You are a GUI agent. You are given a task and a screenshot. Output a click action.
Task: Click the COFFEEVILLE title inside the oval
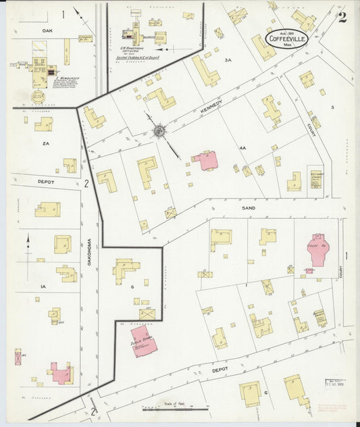click(289, 39)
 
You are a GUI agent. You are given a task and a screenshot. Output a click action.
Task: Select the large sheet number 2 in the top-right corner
click(342, 17)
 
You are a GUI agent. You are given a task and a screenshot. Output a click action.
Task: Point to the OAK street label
click(47, 30)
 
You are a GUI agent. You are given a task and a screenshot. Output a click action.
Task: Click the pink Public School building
click(145, 340)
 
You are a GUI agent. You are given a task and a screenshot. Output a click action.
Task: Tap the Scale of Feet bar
click(175, 408)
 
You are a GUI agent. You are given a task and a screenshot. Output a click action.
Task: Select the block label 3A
click(228, 60)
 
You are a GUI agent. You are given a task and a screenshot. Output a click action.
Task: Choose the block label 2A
click(45, 144)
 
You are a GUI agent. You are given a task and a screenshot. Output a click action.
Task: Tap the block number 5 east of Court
click(332, 107)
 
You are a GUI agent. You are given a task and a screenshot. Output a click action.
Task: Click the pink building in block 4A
click(205, 160)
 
